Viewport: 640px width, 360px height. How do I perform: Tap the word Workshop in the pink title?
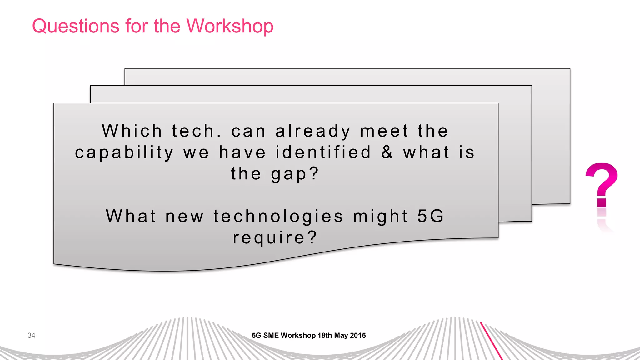tap(230, 26)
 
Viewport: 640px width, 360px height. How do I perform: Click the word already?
tap(313, 131)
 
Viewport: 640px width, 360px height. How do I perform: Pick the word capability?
tap(124, 153)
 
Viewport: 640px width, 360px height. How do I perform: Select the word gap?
tap(295, 174)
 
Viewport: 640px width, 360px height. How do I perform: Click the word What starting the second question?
tap(131, 216)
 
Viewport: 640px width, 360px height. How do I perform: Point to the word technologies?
tap(278, 217)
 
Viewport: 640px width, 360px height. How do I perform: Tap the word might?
tap(381, 217)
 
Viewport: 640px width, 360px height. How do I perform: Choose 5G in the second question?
tap(431, 216)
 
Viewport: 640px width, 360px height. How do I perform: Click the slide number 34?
tap(31, 335)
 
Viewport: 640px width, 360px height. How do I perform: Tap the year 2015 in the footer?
tap(358, 335)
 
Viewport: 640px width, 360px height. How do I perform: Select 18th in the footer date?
tap(325, 335)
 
